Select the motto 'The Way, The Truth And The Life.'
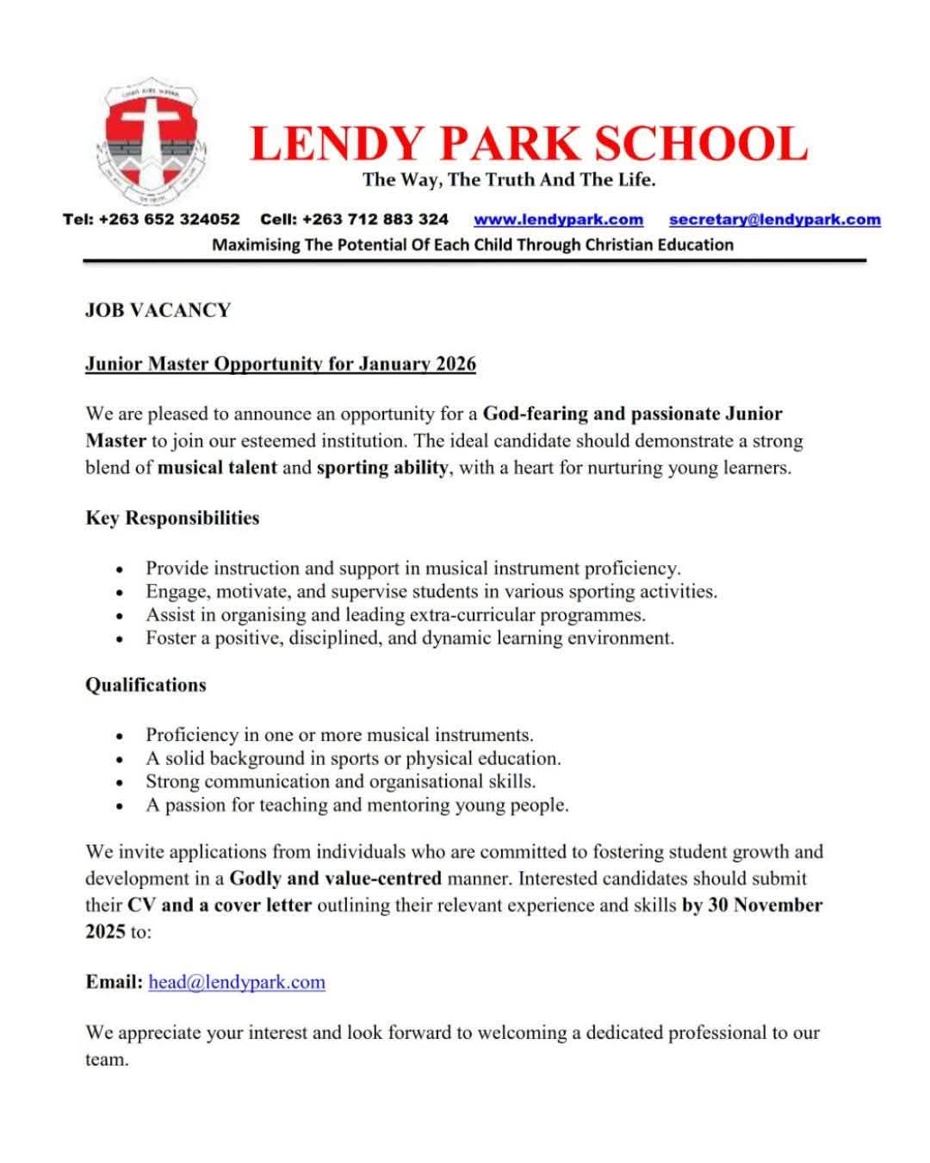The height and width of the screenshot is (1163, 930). point(509,180)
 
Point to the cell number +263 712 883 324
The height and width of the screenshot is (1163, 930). point(375,220)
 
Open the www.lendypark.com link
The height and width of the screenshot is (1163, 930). point(558,220)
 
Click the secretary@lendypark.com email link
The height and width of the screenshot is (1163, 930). point(774,220)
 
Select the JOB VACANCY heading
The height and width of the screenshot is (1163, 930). point(158,310)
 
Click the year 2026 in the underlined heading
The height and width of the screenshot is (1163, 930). point(456,364)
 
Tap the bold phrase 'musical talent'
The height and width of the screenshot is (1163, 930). point(218,468)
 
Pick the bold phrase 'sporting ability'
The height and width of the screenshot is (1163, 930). point(382,468)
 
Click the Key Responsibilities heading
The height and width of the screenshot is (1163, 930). point(172,518)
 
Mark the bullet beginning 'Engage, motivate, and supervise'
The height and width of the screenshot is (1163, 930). point(431,592)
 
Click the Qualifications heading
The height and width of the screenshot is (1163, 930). point(146,685)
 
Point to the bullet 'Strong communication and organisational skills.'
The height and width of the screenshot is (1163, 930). point(340,781)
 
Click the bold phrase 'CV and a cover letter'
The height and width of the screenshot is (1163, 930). point(220,905)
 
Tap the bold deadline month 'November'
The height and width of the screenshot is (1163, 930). point(778,905)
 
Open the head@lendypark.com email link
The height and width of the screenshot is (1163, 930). point(237,982)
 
